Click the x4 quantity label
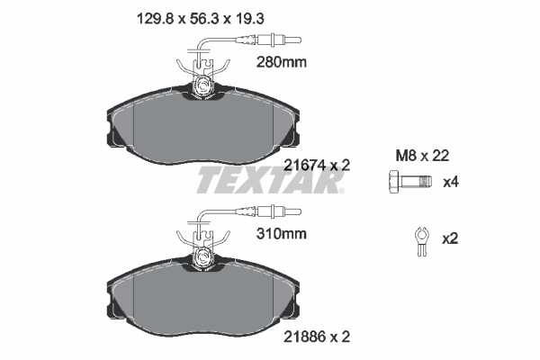[452, 182]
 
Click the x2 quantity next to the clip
[452, 238]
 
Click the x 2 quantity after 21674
[338, 165]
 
